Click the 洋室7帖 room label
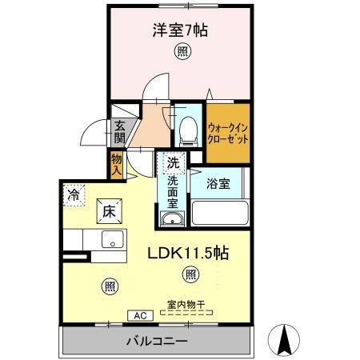(181, 31)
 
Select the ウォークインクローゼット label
(229, 130)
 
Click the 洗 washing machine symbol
(173, 163)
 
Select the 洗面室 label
(173, 192)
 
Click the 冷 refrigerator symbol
(74, 194)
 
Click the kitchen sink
(112, 239)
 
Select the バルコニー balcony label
(157, 342)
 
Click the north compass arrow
(284, 341)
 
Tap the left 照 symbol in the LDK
(109, 285)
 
